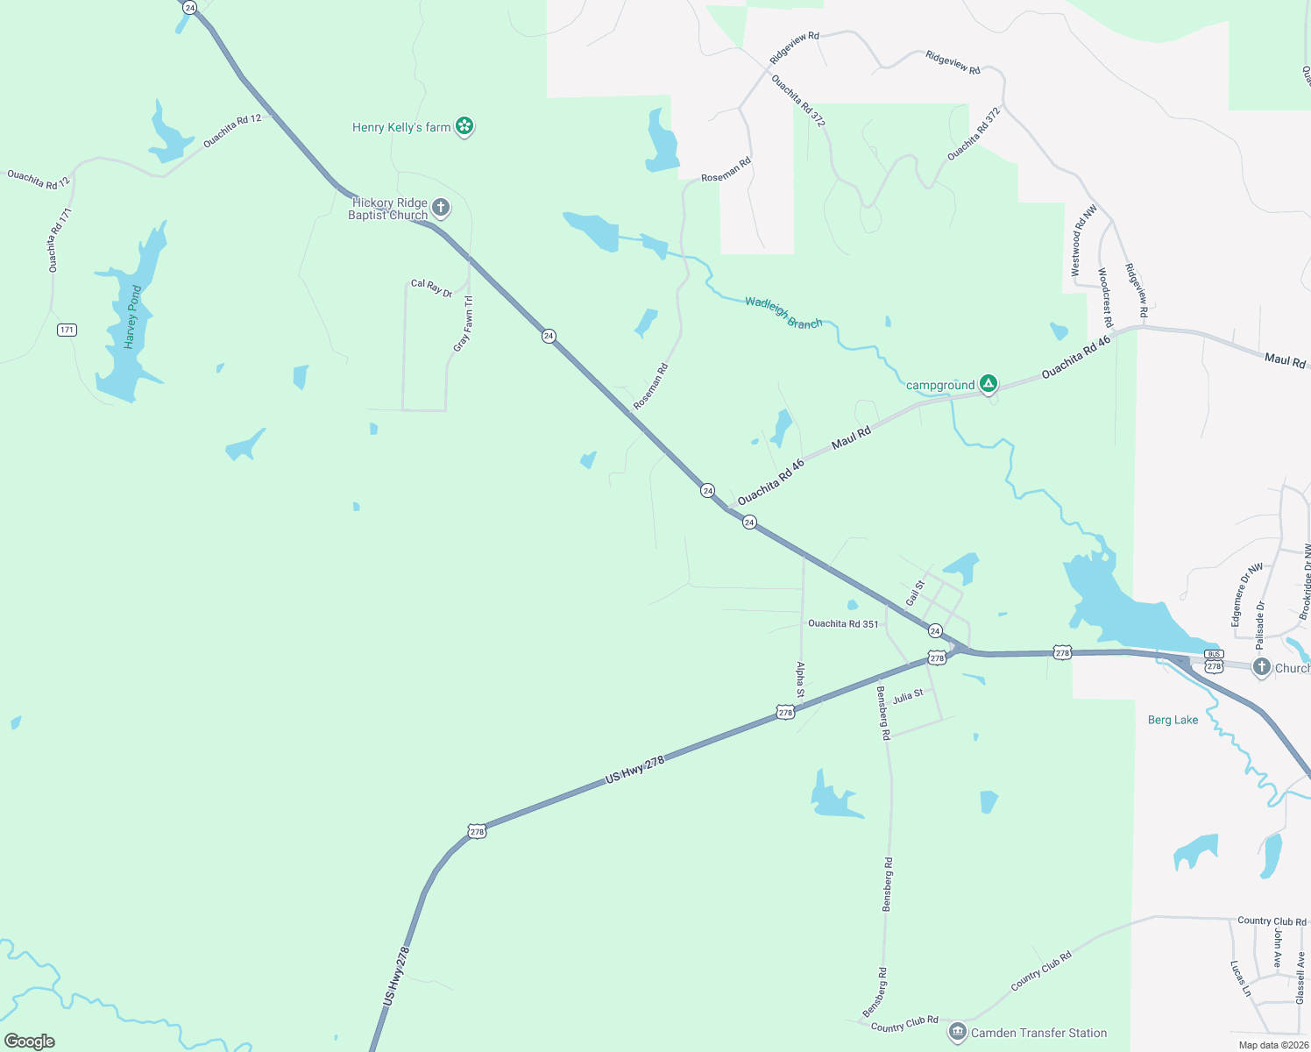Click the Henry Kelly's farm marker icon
click(464, 127)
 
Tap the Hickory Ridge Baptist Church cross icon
click(441, 209)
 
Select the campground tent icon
click(988, 383)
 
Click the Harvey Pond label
click(132, 316)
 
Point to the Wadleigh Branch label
click(783, 312)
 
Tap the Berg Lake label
click(1173, 720)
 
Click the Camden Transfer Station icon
click(957, 1032)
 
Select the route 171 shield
click(67, 330)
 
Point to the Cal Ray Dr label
click(431, 287)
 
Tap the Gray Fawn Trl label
click(464, 323)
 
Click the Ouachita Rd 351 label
click(842, 623)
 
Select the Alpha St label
click(800, 679)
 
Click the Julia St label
click(908, 696)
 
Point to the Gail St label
click(915, 593)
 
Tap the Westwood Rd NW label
click(1082, 241)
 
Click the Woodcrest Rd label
click(1106, 297)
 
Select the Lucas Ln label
click(1240, 978)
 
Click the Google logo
click(30, 1041)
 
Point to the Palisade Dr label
click(1260, 624)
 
